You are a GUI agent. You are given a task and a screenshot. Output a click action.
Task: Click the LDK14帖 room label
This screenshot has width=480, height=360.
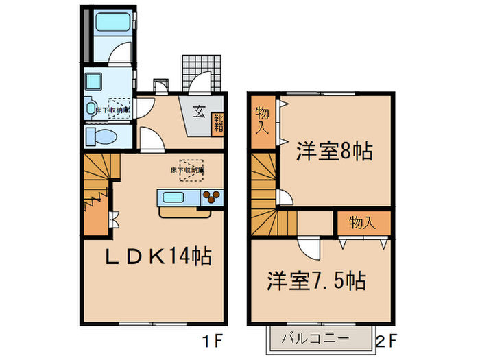[158, 257]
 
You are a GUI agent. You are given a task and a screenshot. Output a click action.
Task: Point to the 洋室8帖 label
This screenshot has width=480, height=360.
[334, 151]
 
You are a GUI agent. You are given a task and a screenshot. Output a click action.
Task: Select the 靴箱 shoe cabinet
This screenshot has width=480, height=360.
[218, 122]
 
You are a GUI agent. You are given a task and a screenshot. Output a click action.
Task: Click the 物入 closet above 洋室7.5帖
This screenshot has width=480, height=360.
[363, 223]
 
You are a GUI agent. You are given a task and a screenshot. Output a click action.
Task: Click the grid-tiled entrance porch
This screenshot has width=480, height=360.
[204, 70]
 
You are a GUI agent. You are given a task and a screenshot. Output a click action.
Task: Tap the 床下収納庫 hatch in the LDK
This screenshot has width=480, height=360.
[188, 169]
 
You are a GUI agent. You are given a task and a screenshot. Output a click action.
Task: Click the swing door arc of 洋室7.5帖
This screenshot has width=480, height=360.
[309, 248]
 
